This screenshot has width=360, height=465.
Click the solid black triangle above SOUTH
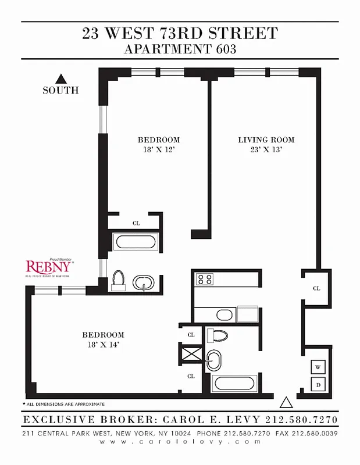[x=60, y=78]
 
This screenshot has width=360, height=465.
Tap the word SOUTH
[x=60, y=91]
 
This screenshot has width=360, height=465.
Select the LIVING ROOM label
[x=266, y=140]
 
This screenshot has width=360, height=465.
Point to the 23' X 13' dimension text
[x=266, y=150]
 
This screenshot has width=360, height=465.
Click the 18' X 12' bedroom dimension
[x=158, y=150]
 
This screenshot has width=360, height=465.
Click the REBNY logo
[x=49, y=267]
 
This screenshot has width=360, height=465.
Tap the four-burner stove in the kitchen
[x=205, y=279]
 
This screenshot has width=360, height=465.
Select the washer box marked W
[x=318, y=367]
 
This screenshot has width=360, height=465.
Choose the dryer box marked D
[x=318, y=384]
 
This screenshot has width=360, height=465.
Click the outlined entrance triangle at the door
[x=286, y=402]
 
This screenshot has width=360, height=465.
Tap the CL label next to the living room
[x=316, y=288]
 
